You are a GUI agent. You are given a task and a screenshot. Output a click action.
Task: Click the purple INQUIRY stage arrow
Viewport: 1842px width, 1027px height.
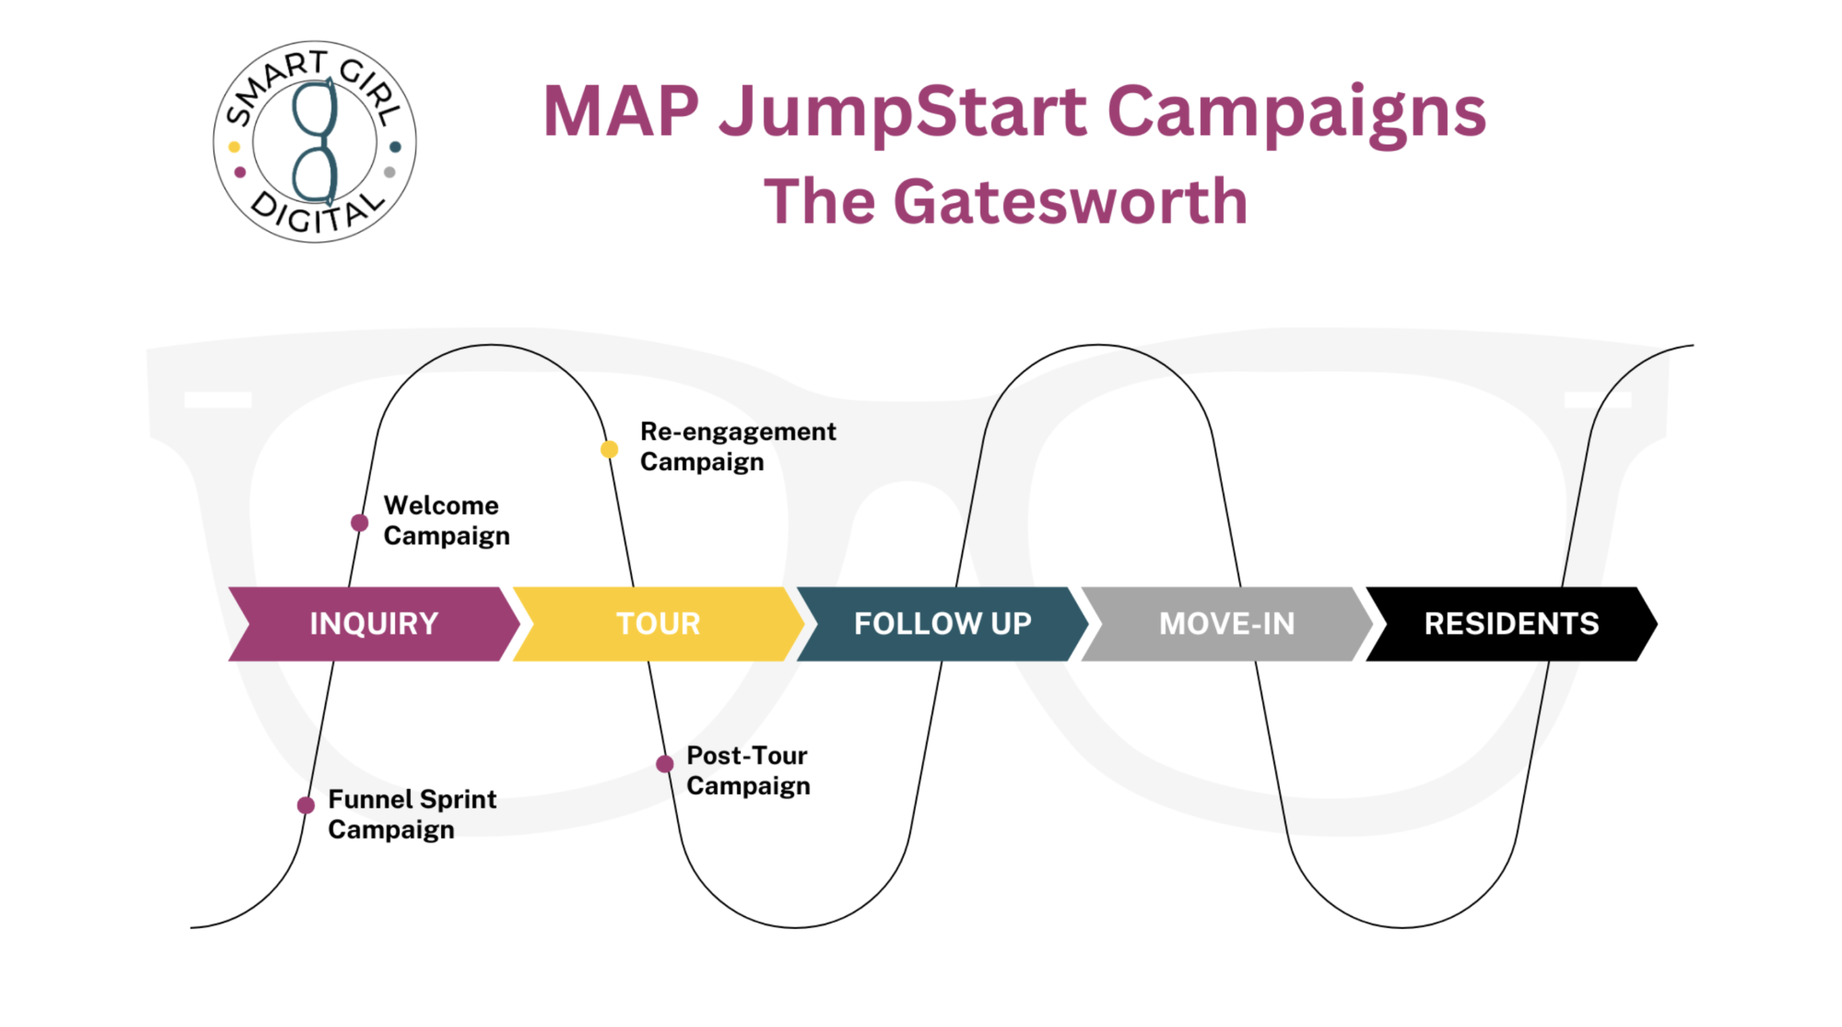373,623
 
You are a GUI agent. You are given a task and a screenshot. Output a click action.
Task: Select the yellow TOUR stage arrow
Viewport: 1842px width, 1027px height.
658,623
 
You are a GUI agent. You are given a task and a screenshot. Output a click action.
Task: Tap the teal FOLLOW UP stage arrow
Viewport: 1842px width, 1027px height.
942,623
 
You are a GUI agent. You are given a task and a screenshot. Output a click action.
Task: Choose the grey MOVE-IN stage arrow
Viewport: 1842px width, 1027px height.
1226,623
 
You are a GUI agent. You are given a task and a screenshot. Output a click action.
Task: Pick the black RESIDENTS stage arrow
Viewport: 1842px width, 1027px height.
1510,623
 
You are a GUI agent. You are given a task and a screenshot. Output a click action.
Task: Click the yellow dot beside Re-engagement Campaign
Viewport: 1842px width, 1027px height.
609,449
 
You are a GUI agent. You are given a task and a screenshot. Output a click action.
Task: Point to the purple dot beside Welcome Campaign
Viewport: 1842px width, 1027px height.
360,522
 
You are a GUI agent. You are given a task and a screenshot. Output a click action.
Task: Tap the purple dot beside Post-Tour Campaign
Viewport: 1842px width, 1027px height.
665,764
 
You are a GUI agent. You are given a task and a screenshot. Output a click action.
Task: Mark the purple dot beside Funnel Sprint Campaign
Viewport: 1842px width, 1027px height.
306,805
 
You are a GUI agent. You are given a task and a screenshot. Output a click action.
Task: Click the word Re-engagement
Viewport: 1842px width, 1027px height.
738,432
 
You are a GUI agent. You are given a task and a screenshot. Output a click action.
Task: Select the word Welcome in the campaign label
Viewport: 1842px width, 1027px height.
441,505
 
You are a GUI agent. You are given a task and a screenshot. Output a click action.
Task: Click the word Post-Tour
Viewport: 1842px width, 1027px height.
746,756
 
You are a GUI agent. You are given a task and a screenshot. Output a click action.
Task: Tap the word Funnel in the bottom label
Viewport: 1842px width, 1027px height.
370,799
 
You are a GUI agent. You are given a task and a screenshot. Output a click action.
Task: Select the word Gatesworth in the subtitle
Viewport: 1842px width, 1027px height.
1069,202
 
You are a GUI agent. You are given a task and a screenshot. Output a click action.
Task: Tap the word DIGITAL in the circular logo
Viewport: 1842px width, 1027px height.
317,213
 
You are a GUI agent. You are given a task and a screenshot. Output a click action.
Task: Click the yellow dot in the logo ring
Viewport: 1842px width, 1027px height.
234,147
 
